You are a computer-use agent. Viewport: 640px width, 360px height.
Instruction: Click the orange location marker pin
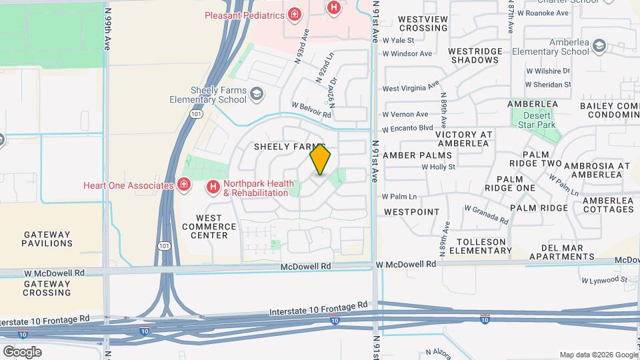pyautogui.click(x=321, y=160)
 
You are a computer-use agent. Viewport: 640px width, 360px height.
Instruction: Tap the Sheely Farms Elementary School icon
pyautogui.click(x=256, y=95)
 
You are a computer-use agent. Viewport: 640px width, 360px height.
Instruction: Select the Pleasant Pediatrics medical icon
pyautogui.click(x=293, y=14)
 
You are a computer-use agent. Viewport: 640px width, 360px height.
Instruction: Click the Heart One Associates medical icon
pyautogui.click(x=184, y=185)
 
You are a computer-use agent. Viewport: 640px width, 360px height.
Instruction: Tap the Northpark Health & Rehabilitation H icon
pyautogui.click(x=213, y=187)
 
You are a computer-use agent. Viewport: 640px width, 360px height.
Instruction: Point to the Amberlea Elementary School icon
pyautogui.click(x=599, y=45)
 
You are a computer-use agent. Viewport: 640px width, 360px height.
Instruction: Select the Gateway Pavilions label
pyautogui.click(x=47, y=239)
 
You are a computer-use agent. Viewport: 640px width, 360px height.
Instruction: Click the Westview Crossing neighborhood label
pyautogui.click(x=423, y=23)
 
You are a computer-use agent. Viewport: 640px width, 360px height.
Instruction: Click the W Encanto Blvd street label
pyautogui.click(x=407, y=129)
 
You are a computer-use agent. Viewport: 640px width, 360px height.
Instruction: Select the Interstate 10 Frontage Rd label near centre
pyautogui.click(x=319, y=309)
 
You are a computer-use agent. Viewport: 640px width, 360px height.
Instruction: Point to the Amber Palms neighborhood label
pyautogui.click(x=417, y=155)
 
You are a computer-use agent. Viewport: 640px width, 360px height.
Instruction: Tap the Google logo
pyautogui.click(x=22, y=351)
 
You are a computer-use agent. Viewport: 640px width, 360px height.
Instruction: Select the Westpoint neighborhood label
pyautogui.click(x=411, y=212)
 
